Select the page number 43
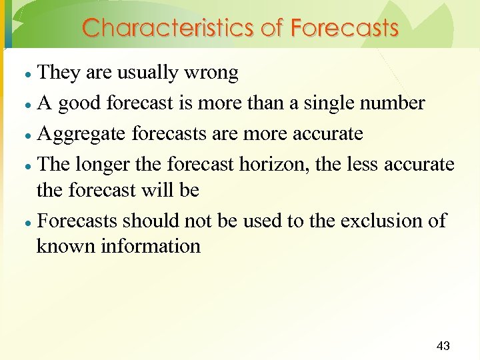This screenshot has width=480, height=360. (443, 345)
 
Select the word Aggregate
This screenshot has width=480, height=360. (82, 135)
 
